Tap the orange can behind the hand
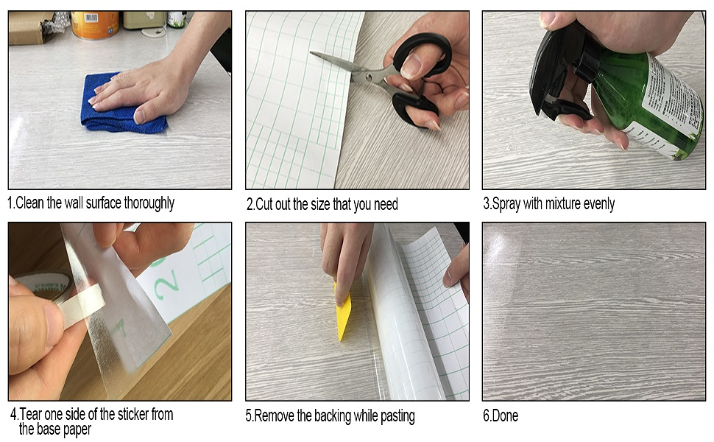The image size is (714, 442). pos(95,25)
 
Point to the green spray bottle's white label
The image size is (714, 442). pos(671,101)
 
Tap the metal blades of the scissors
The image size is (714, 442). pos(350,69)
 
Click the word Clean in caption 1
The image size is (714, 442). pos(30,203)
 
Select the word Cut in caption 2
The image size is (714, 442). pos(264,204)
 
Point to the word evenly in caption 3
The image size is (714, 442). pos(598,203)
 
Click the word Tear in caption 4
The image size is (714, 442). pos(30,414)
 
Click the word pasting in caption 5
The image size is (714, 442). pos(397,416)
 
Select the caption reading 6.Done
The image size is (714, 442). pos(501,415)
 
